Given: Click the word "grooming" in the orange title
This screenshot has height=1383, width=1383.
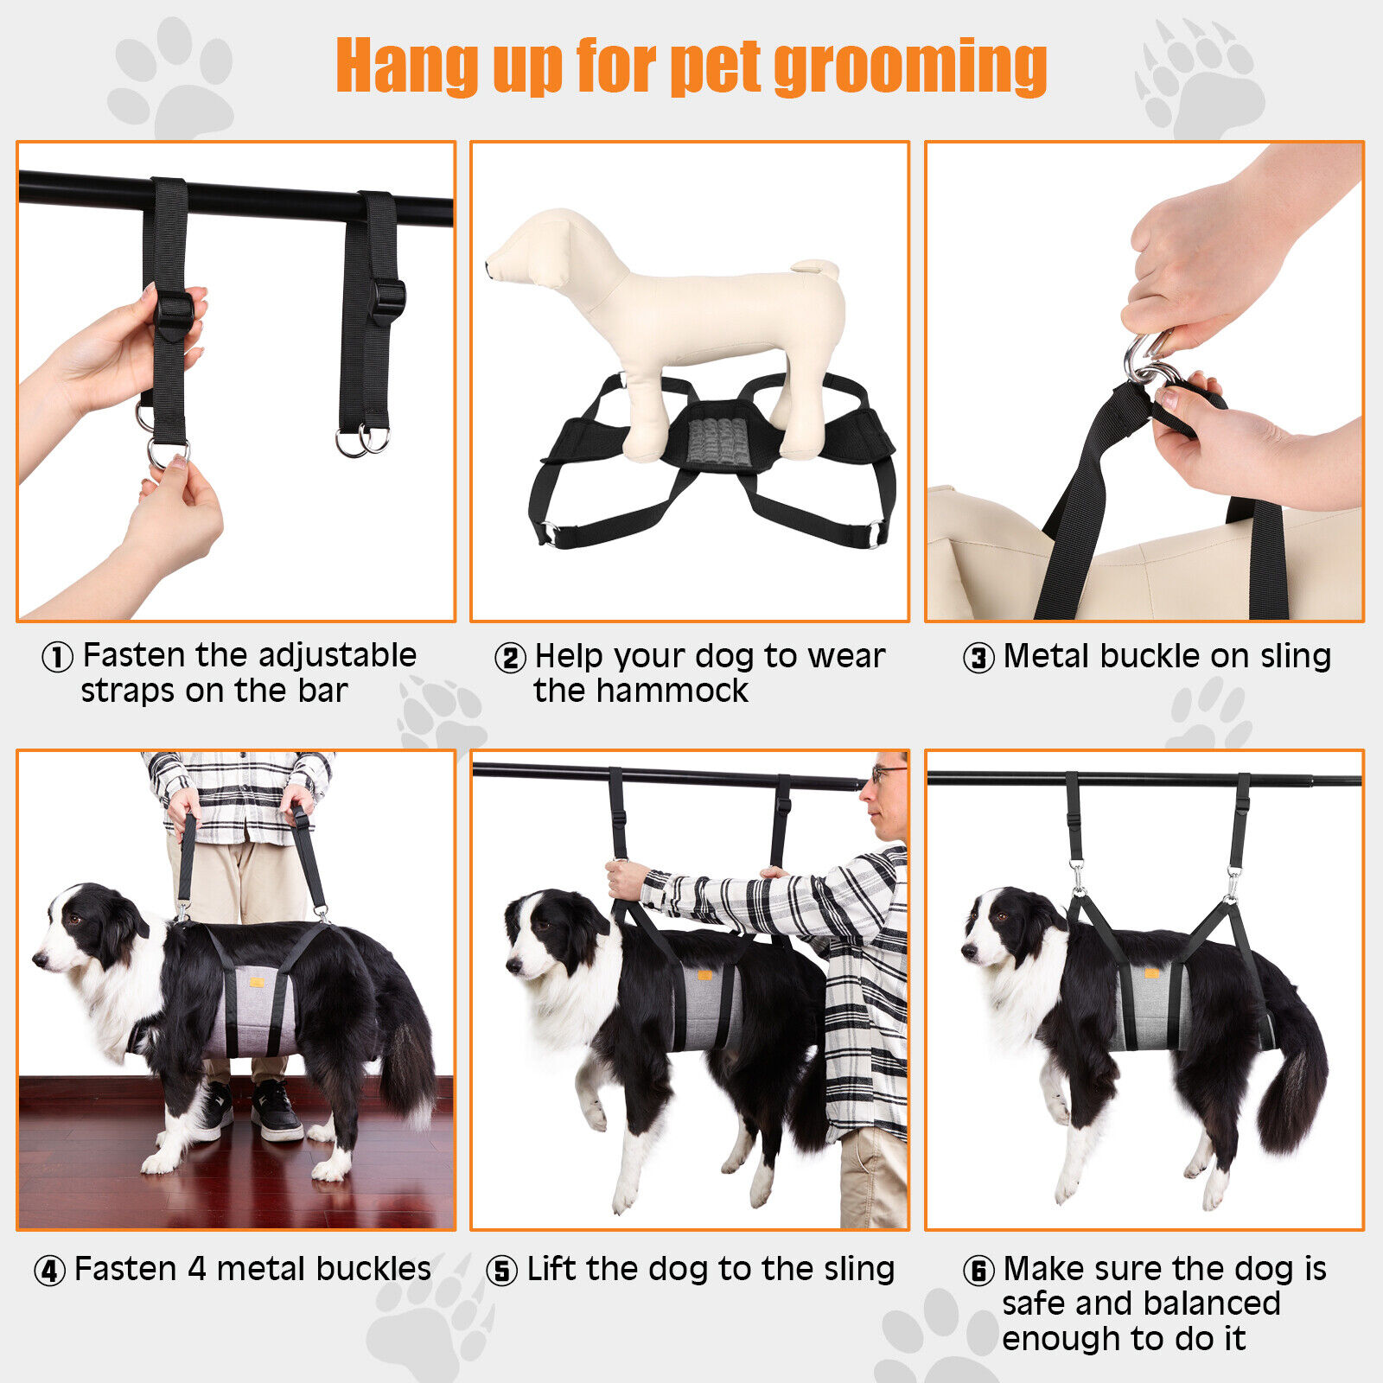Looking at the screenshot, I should (909, 67).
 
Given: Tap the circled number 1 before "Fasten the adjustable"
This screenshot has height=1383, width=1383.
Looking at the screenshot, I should (57, 658).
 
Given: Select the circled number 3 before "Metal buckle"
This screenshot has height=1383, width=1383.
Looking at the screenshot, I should (978, 659).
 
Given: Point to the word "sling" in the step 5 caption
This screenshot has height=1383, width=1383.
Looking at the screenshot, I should (858, 1269).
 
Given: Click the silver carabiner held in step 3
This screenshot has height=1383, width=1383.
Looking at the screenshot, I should (1145, 359).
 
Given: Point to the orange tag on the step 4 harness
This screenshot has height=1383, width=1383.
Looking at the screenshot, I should (258, 981).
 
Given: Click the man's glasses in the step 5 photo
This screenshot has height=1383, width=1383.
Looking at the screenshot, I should (886, 772).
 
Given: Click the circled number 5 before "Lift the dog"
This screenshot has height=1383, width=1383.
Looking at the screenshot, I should (501, 1271).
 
